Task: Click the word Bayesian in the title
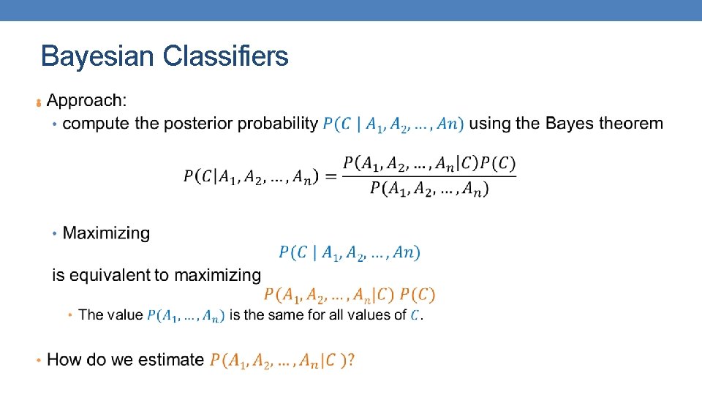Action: pyautogui.click(x=99, y=56)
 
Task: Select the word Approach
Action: pyautogui.click(x=86, y=100)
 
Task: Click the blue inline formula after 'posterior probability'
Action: pyautogui.click(x=393, y=124)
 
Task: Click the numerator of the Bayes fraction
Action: pyautogui.click(x=429, y=163)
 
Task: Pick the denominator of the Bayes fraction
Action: pyautogui.click(x=429, y=189)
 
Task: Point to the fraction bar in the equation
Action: pyautogui.click(x=429, y=176)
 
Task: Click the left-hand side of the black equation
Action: pyautogui.click(x=251, y=176)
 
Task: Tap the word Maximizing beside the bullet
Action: pyautogui.click(x=106, y=233)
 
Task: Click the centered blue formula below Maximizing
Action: pyautogui.click(x=349, y=253)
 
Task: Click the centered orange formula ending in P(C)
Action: pyautogui.click(x=349, y=295)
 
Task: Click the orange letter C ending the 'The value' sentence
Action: pyautogui.click(x=415, y=315)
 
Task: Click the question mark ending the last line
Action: pyautogui.click(x=351, y=360)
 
